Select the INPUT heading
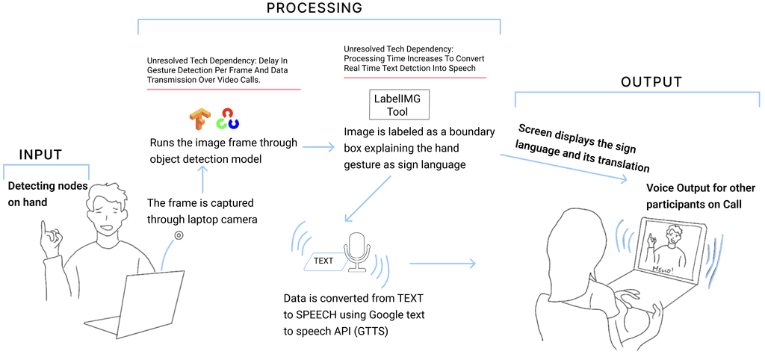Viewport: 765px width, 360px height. click(40, 155)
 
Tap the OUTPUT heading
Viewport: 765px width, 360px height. click(651, 81)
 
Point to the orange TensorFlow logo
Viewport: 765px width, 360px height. click(200, 120)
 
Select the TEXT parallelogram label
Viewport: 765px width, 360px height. click(323, 261)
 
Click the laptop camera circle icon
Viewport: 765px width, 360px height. click(179, 236)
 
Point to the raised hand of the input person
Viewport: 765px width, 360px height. click(49, 238)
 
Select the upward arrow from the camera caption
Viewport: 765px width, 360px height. click(202, 179)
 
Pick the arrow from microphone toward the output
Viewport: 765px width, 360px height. click(442, 263)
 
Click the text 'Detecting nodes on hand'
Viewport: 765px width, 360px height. click(48, 193)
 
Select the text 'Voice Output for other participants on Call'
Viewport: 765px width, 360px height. click(700, 195)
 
